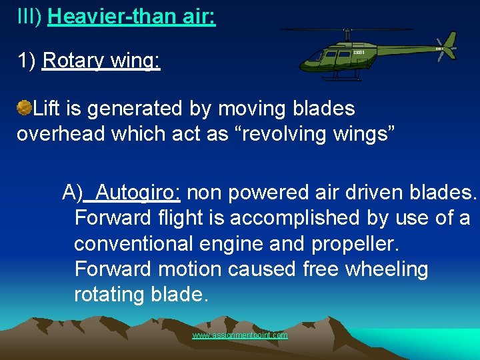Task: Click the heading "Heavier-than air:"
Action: (x=131, y=16)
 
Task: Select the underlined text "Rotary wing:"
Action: (x=101, y=61)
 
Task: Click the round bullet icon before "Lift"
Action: (x=24, y=107)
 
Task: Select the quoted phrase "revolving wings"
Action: (x=326, y=133)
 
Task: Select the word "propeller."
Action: (x=360, y=243)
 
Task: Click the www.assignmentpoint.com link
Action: (x=240, y=335)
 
